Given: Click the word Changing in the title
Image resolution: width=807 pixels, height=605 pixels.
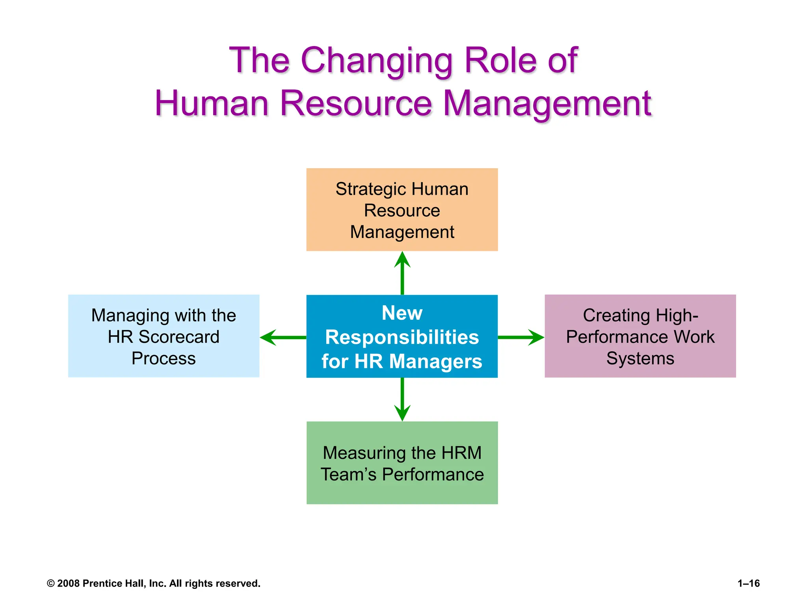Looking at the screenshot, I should [376, 61].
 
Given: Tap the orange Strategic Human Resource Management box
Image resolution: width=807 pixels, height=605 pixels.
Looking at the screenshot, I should [402, 210].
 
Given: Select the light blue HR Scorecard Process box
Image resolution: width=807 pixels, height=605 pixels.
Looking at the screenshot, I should [164, 336].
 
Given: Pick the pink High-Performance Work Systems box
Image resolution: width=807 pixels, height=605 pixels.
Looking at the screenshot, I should [640, 336].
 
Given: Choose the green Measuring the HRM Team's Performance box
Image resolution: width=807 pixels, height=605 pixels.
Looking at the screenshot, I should [402, 463].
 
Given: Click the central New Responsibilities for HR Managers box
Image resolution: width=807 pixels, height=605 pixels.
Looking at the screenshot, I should [402, 336].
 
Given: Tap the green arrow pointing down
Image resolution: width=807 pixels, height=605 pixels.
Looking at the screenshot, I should [402, 399].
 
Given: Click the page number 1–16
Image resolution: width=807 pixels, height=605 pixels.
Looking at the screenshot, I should [749, 583].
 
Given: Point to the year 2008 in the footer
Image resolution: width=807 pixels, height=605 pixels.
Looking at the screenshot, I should [69, 583].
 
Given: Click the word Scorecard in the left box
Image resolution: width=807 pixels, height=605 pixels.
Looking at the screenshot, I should [179, 337].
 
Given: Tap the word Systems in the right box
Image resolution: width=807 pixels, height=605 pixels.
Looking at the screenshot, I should [640, 358].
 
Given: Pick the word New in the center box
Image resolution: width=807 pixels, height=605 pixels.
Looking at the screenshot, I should [402, 313].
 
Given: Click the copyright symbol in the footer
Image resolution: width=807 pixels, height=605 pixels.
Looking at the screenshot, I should [50, 583].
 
